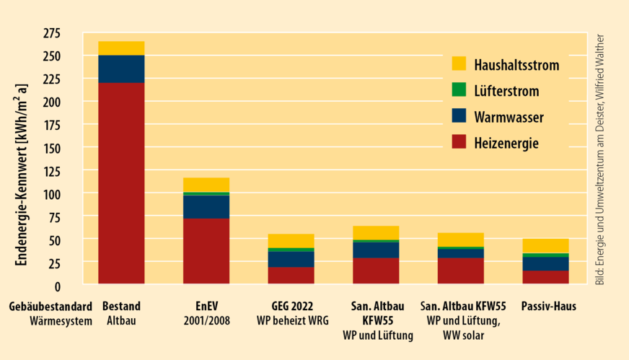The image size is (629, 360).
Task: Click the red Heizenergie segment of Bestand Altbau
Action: pyautogui.click(x=121, y=184)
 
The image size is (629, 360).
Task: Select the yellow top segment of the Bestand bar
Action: pyautogui.click(x=121, y=48)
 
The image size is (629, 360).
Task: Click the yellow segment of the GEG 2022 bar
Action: pyautogui.click(x=291, y=241)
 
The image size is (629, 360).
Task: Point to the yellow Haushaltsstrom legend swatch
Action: pyautogui.click(x=459, y=64)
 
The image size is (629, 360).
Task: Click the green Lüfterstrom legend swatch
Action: pyautogui.click(x=459, y=90)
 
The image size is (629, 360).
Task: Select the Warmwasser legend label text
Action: pyautogui.click(x=509, y=117)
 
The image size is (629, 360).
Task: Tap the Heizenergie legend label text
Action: pyautogui.click(x=506, y=144)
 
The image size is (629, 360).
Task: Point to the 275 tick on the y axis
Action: pyautogui.click(x=52, y=33)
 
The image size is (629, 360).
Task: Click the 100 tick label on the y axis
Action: pyautogui.click(x=52, y=194)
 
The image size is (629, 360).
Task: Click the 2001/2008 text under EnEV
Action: pyautogui.click(x=206, y=321)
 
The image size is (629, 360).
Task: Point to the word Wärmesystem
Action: pyautogui.click(x=61, y=321)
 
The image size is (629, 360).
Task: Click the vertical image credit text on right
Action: pyautogui.click(x=600, y=159)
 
